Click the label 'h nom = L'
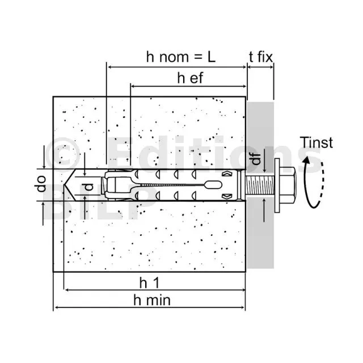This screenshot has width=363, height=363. (x=182, y=57)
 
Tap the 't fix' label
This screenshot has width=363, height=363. (x=261, y=57)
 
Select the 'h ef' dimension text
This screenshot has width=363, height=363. (x=190, y=78)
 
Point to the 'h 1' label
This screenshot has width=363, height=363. (x=150, y=281)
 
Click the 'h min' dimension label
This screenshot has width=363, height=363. (x=151, y=300)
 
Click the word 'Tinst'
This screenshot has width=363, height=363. (x=316, y=143)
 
